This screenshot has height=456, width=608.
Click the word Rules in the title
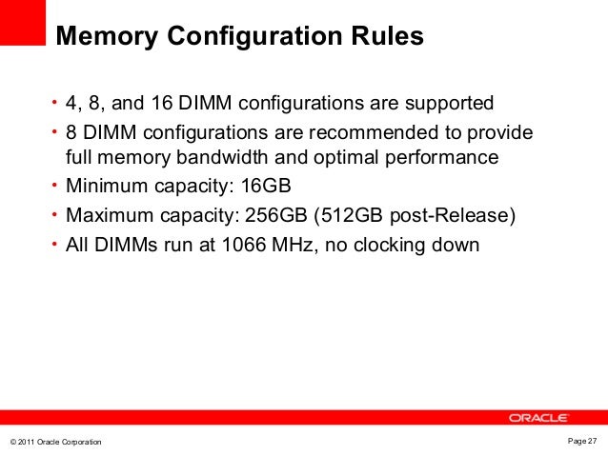point(390,38)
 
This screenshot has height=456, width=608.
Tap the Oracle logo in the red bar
point(538,417)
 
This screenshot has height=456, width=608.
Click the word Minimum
point(103,187)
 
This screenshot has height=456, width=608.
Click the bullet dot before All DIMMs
point(55,244)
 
